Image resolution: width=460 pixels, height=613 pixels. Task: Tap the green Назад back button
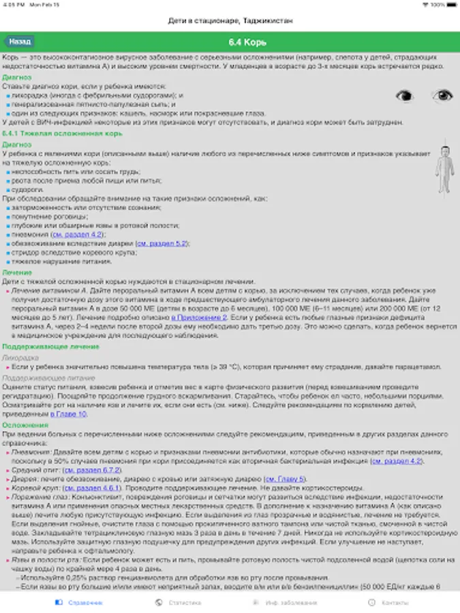[20, 42]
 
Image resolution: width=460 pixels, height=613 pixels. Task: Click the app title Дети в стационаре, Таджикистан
[231, 21]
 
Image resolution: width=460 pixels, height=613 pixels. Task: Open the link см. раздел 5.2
[162, 243]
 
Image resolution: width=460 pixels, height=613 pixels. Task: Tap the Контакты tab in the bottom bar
[389, 603]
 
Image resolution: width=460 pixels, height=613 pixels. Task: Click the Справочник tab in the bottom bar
[80, 603]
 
